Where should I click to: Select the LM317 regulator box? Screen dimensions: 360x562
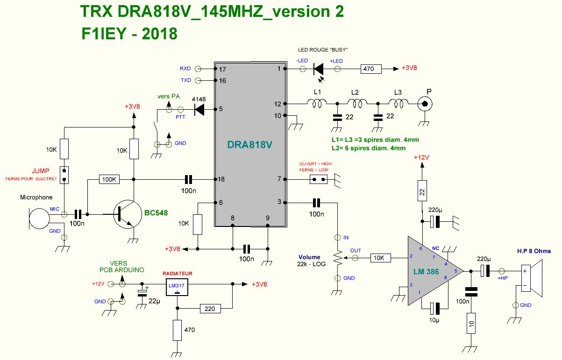177,288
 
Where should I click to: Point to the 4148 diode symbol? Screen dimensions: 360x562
200,110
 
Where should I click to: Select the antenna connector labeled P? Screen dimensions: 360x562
424,104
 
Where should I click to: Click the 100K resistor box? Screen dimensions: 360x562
110,179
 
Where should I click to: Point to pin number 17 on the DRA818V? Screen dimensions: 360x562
223,69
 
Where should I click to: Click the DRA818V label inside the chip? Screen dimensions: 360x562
249,145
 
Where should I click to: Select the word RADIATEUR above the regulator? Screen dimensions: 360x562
177,274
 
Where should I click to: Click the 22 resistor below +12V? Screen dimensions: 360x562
422,191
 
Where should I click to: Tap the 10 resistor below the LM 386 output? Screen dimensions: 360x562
471,325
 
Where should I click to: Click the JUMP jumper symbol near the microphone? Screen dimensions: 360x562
64,175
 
